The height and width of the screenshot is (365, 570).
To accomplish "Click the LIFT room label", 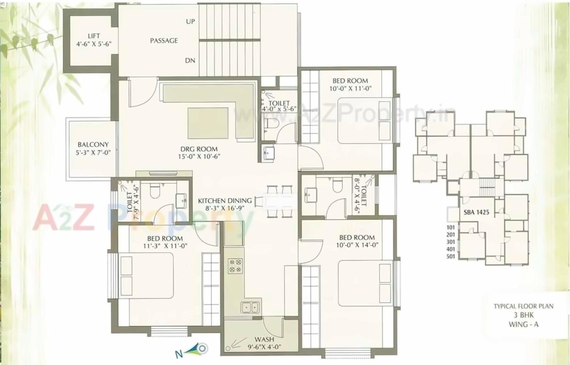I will pos(94,36).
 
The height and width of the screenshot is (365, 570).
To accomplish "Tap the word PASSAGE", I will pos(164,41).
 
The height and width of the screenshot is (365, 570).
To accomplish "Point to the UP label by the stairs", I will pos(191,21).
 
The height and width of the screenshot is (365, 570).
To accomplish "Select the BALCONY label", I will pos(93,145).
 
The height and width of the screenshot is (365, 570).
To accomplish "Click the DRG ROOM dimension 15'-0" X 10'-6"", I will pos(199,156).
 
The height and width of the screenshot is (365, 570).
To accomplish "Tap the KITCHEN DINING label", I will pos(225,201).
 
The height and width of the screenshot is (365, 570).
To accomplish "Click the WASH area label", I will pos(264,340).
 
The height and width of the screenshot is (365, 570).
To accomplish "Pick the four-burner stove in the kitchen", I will pos(235,266).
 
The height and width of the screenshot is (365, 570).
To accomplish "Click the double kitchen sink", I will pos(250,307).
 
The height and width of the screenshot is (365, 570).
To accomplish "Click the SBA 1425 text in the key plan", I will pos(476,212).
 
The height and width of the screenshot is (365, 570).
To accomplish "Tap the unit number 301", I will pos(452,242).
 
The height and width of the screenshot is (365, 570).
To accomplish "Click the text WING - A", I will pos(523,324).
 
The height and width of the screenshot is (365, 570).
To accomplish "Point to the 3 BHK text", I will pos(523,315).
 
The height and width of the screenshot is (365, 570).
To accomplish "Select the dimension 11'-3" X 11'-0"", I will pos(163,246).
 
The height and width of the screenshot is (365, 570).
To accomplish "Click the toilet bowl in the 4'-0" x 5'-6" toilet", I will pos(270,124).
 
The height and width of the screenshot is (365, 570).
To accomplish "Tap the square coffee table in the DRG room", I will pos(208,123).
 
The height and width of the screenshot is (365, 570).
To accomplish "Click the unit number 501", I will pos(452,257).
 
